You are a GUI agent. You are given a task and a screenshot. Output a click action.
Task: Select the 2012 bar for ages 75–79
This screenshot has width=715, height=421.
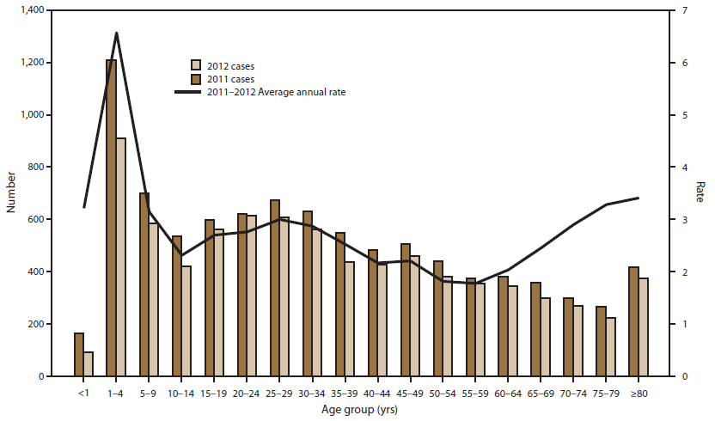point(610,347)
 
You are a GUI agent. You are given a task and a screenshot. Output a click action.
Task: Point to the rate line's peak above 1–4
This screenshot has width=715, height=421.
point(117,34)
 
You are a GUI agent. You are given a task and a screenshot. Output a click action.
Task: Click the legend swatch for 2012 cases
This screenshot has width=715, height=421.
point(196,65)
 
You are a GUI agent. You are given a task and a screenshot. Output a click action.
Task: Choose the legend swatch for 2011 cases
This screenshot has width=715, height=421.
point(196,78)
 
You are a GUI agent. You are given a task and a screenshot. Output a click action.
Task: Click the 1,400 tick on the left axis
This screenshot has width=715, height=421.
point(34,10)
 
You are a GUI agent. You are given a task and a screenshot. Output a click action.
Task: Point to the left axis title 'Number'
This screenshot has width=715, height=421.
point(10,193)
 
